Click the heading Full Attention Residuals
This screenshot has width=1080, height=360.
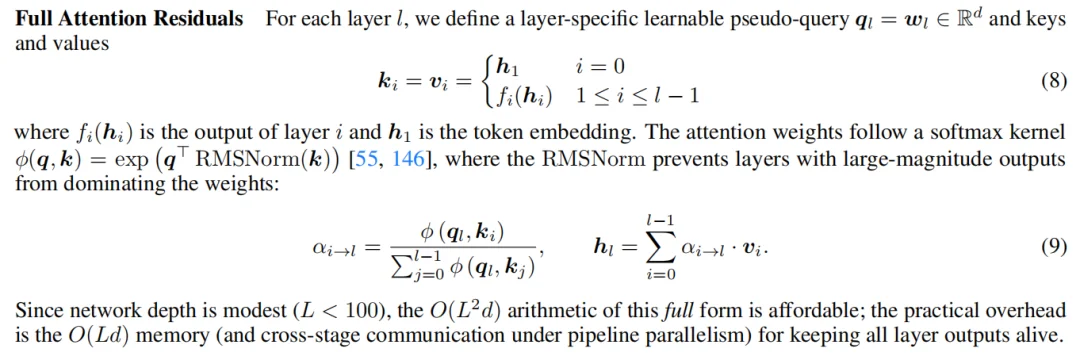[129, 19]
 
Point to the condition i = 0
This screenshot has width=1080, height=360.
[600, 66]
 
